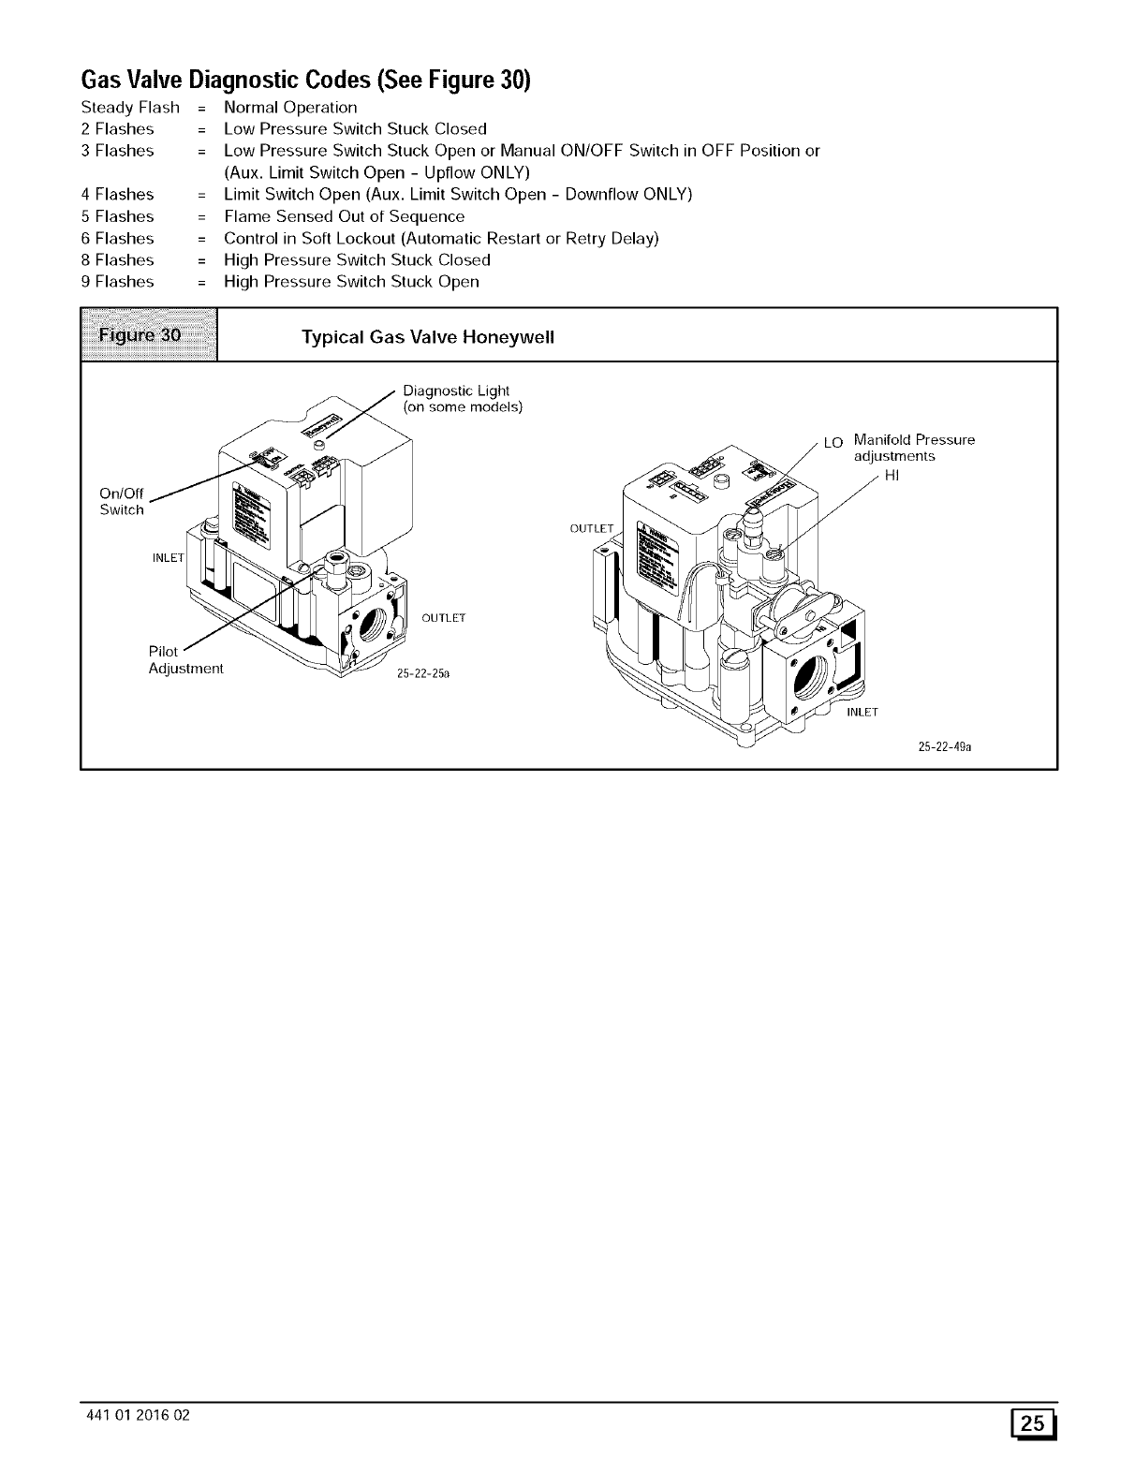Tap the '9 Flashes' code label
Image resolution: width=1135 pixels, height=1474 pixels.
pos(118,282)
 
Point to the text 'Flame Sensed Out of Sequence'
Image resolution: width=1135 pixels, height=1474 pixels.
pos(344,216)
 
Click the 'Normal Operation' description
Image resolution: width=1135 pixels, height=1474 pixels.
pos(290,108)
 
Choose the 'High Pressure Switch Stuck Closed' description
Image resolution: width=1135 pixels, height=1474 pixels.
pos(357,260)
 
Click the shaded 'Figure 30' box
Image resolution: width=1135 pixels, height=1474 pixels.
pos(150,334)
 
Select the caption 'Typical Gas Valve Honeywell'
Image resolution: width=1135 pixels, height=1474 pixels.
pos(428,337)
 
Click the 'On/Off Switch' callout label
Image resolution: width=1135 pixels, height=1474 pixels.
pos(122,501)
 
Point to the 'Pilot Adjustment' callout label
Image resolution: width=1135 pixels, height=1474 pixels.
pos(185,660)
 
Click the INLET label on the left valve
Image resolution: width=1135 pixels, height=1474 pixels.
pos(169,560)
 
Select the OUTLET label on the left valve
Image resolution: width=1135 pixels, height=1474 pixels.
pos(443,618)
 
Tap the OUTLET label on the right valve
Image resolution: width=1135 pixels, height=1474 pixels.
pos(591,529)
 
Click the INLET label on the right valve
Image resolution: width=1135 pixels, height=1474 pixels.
pos(862,713)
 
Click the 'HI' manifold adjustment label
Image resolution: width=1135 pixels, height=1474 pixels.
pos(892,476)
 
